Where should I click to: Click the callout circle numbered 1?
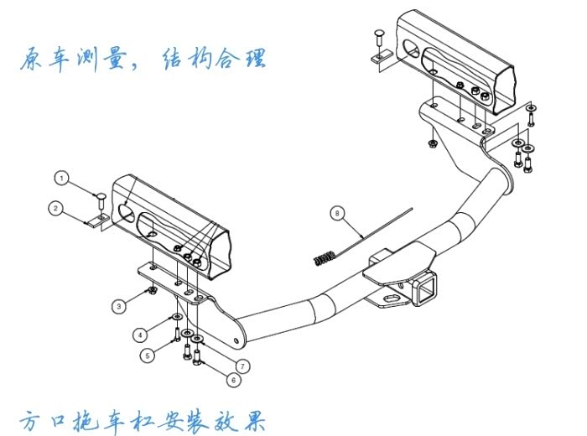62,178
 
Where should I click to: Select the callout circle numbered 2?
56,208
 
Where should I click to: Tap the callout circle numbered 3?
119,307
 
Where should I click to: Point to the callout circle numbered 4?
140,335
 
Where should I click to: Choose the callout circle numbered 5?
148,355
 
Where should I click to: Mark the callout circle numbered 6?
234,380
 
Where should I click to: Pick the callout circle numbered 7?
242,366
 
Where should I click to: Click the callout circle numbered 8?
337,213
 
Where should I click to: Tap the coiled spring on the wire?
325,258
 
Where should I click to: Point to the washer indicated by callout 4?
177,317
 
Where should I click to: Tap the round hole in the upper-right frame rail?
412,49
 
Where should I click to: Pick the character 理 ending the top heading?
256,59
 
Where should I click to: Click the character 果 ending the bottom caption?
254,421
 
